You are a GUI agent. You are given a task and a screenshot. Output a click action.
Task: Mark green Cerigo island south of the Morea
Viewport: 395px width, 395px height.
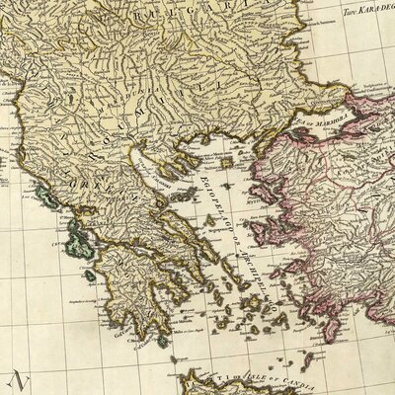[163, 340]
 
